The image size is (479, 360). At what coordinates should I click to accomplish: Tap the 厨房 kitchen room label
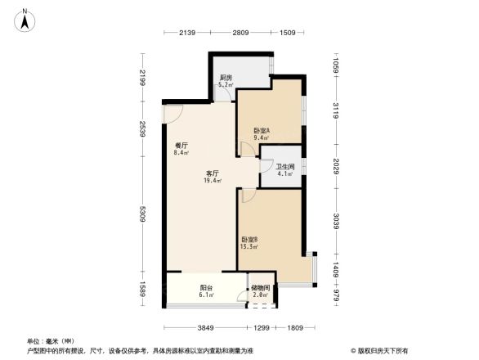(226, 78)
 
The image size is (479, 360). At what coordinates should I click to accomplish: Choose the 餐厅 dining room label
(181, 143)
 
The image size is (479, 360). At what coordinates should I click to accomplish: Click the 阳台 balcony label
(206, 287)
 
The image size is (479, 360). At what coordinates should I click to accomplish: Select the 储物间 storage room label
(261, 287)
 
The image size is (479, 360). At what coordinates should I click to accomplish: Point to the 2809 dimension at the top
(239, 34)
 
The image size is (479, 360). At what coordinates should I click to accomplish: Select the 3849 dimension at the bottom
(204, 328)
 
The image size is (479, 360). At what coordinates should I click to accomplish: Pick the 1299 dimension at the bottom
(261, 328)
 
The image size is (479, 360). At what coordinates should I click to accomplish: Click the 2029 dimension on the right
(335, 166)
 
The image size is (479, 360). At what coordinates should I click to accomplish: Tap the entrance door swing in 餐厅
(172, 114)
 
